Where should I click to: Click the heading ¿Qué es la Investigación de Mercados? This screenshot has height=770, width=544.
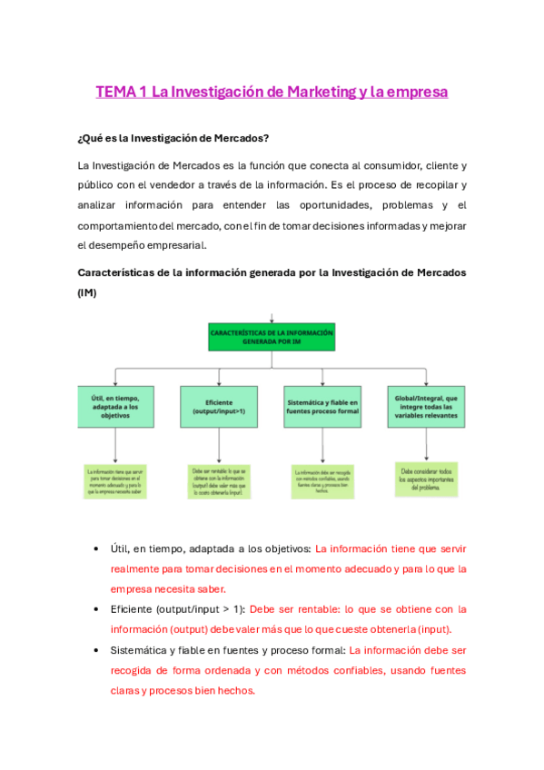point(173,139)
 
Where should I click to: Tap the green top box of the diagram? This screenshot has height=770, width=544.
point(272,339)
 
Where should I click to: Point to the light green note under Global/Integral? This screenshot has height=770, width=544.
point(426,478)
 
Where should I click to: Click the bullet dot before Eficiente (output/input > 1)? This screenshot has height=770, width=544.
point(97,610)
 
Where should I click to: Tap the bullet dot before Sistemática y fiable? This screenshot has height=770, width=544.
point(97,651)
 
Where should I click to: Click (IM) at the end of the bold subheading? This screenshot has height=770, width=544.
point(89,293)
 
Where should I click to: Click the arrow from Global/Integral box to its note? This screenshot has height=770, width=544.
point(426,444)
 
